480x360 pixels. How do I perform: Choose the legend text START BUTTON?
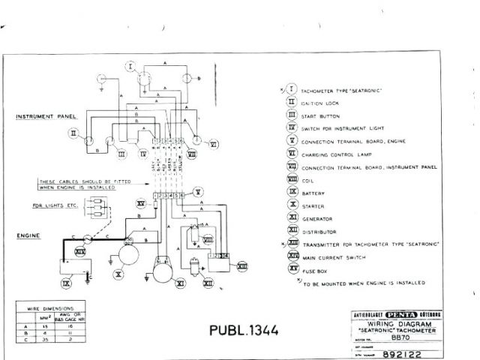pyautogui.click(x=320, y=116)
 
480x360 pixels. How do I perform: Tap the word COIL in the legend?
pyautogui.click(x=307, y=180)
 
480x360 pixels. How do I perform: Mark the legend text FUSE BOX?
pyautogui.click(x=315, y=270)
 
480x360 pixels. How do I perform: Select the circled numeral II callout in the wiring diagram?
pyautogui.click(x=73, y=133)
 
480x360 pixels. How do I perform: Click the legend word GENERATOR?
pyautogui.click(x=318, y=218)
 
